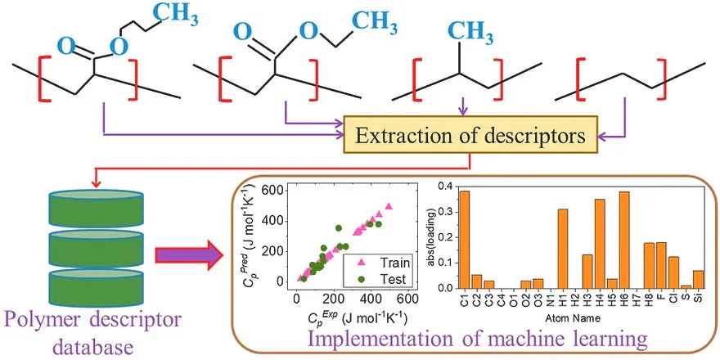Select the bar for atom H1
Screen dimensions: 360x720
pyautogui.click(x=562, y=249)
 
